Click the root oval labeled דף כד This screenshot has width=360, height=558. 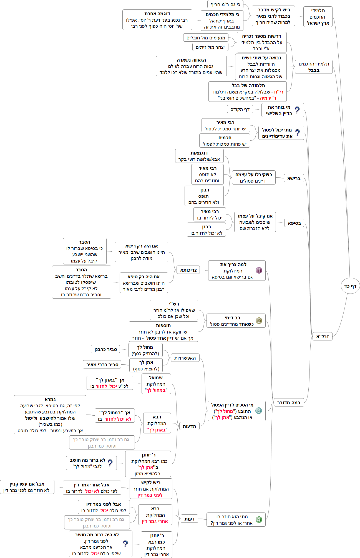pos(350,286)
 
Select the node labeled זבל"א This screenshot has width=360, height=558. pos(322,336)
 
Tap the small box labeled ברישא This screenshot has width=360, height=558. pos(294,178)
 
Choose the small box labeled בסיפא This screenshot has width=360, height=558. pos(294,223)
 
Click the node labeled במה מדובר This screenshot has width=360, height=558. pos(289,402)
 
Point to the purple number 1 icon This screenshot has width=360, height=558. pos(259,270)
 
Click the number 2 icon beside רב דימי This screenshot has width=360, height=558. pos(259,320)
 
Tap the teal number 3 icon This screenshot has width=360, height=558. pos(259,411)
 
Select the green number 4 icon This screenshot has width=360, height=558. pos(259,519)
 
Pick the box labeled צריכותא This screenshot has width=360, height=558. pos(188,270)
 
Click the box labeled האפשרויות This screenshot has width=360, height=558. pos(185,358)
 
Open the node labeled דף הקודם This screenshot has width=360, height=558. pos(240,109)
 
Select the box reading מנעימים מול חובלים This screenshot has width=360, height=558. pos(206,37)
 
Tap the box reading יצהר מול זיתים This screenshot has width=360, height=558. pos(210,47)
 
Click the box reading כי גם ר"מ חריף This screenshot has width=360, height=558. pos(225,4)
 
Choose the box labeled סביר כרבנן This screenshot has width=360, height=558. pos(105,349)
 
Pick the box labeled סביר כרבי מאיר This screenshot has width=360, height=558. pos(102,364)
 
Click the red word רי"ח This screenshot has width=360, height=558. pos(279,92)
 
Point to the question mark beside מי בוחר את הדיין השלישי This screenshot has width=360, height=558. pos(297,110)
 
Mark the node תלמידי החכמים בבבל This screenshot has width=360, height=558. pos(314,67)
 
